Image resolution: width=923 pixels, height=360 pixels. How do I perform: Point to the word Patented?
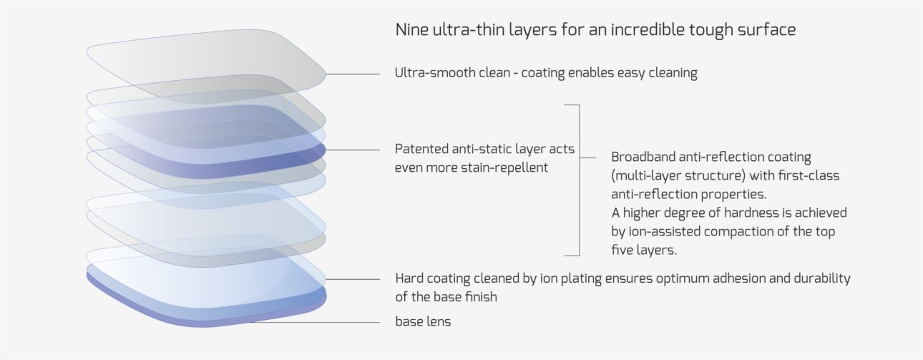pyautogui.click(x=421, y=149)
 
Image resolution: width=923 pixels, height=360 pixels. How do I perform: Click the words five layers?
pyautogui.click(x=644, y=250)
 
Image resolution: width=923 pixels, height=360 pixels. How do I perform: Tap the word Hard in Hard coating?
pyautogui.click(x=409, y=278)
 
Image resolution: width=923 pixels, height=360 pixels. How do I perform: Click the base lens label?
pyautogui.click(x=423, y=321)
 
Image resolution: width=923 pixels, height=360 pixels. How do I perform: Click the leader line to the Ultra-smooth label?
pyautogui.click(x=353, y=74)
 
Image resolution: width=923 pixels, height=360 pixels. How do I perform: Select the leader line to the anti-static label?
pyautogui.click(x=353, y=150)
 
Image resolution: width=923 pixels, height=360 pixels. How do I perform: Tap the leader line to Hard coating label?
pyautogui.click(x=353, y=279)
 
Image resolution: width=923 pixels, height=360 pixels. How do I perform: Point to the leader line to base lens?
pyautogui.click(x=314, y=323)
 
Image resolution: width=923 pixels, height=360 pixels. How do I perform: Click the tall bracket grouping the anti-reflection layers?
pyautogui.click(x=580, y=180)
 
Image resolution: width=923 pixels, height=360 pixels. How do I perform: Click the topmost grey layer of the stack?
pyautogui.click(x=206, y=66)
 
